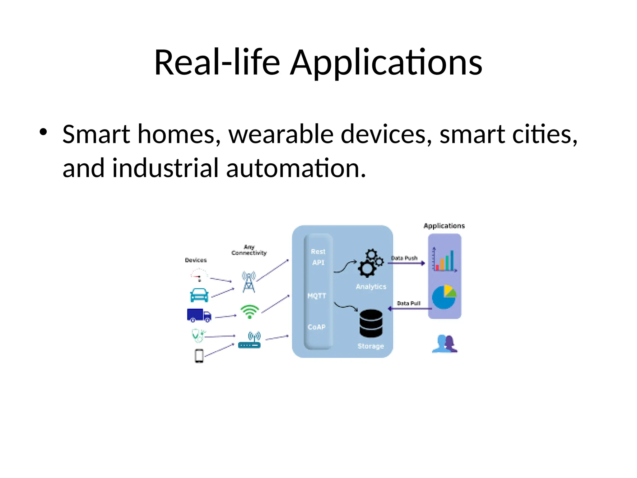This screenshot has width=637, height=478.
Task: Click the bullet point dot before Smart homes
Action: (44, 132)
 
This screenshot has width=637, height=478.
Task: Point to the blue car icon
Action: (199, 295)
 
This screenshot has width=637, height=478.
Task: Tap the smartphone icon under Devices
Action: (199, 356)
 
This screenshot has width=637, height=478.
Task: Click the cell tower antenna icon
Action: (249, 282)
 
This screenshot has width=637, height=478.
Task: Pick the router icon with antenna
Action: (250, 341)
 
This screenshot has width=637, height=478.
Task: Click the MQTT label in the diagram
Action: (317, 296)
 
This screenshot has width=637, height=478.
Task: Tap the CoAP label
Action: (317, 327)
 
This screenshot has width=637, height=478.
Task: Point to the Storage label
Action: (370, 346)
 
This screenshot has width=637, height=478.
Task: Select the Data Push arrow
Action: (406, 263)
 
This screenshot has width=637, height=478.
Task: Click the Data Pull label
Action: (408, 303)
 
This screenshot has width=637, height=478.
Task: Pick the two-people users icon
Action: (445, 344)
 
